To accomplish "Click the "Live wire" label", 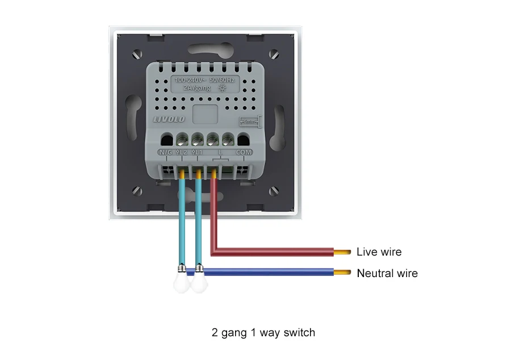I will pos(379,252).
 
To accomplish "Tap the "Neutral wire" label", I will pos(387,274).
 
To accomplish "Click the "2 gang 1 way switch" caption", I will pos(263,333).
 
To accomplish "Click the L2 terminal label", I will pos(182,152).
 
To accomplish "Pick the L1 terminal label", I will pos(198,152).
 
